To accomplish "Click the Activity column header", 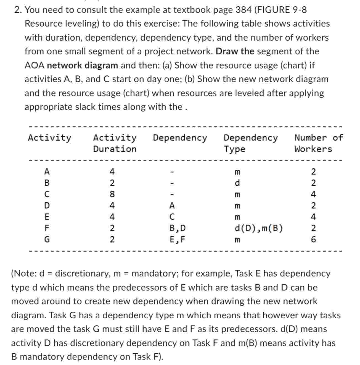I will (x=49, y=138).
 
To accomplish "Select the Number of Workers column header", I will (x=318, y=143).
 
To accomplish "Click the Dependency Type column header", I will (x=250, y=143).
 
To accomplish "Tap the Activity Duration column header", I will (x=115, y=143).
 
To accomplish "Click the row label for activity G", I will (x=47, y=240).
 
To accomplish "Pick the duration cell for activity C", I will (x=112, y=194).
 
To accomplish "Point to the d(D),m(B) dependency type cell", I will (x=258, y=228).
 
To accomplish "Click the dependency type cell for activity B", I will (x=237, y=183).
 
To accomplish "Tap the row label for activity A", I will (x=47, y=172).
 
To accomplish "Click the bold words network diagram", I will (x=83, y=65).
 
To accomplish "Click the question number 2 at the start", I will (x=18, y=10).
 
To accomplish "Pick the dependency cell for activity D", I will (x=172, y=206).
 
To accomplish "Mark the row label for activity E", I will (x=47, y=217).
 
